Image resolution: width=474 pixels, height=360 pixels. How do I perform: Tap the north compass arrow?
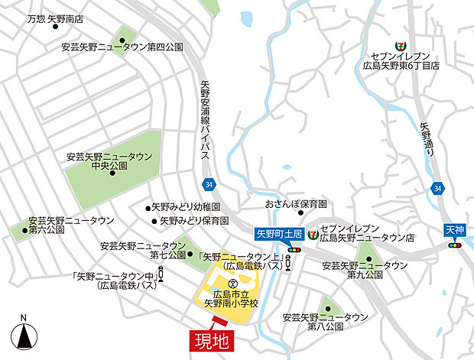[25, 335]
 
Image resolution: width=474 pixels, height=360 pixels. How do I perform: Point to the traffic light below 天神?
[455, 245]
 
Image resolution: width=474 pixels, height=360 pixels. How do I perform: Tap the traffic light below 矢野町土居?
[294, 250]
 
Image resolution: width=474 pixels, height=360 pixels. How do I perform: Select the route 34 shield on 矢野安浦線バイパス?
[209, 185]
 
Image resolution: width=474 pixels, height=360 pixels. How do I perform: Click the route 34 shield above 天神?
[437, 188]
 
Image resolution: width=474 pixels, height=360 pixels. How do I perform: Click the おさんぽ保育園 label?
[296, 205]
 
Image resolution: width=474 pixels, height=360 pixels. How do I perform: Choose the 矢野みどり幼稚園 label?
[186, 207]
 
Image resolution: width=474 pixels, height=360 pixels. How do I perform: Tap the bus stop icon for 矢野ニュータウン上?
[287, 264]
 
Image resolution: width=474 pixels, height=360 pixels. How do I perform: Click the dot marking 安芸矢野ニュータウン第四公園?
[122, 41]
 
